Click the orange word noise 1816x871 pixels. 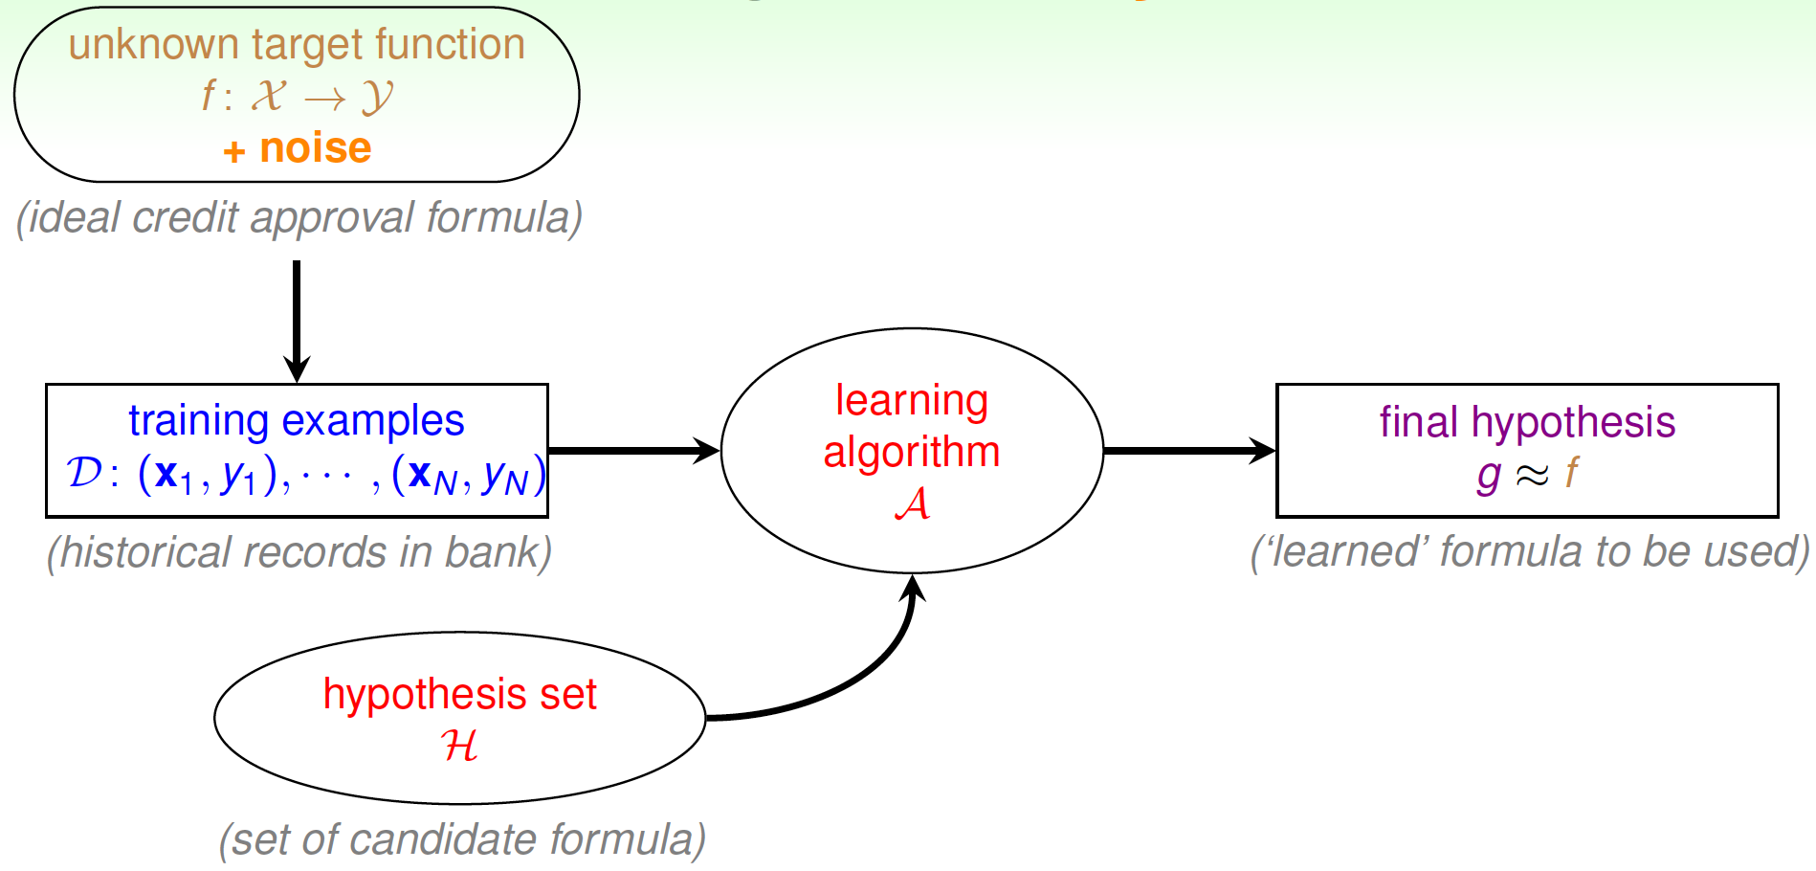pos(315,148)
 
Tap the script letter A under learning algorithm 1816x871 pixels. pos(912,502)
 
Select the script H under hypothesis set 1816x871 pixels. pos(459,745)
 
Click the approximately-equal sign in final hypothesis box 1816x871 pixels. pos(1532,475)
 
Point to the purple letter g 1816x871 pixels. pos(1488,476)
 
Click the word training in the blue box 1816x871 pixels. pos(199,422)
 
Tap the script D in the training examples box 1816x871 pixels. pos(84,473)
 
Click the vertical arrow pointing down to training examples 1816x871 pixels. pos(297,322)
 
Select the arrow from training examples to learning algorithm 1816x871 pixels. pos(634,450)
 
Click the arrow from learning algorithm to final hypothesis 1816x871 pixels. pos(1189,450)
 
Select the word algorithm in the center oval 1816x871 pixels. pos(912,453)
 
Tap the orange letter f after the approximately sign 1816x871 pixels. pos(1570,473)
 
